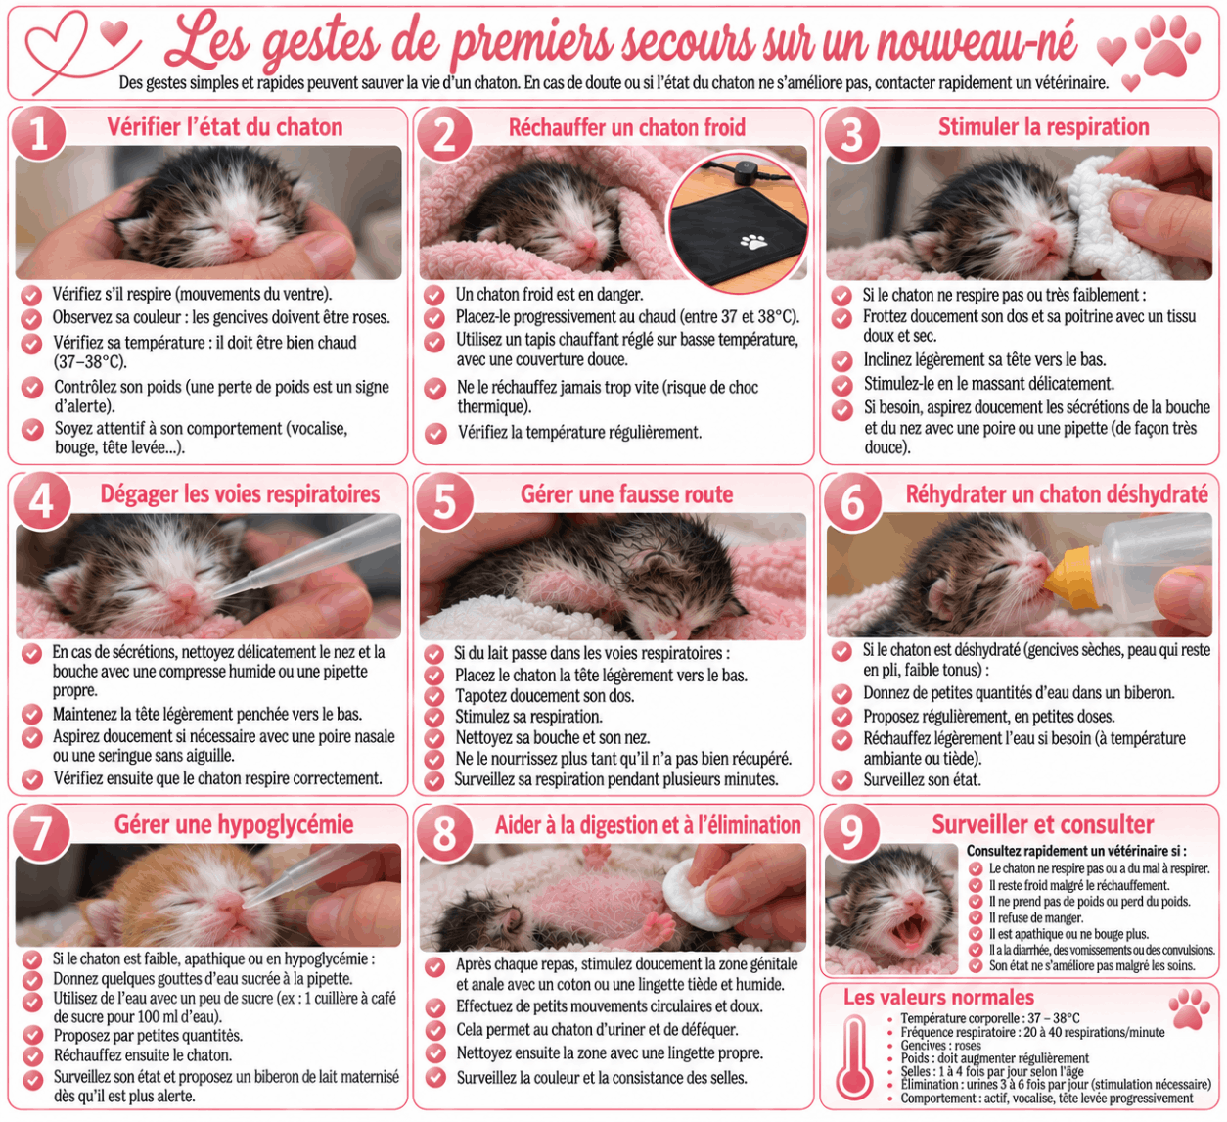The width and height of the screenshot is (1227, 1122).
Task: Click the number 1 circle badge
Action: click(39, 133)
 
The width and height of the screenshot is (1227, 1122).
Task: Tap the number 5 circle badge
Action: click(444, 502)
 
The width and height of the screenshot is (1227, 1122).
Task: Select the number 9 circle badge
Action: click(851, 832)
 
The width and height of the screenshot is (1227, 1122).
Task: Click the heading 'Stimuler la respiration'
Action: click(1043, 126)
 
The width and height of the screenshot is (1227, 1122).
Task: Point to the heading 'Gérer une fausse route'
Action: click(626, 494)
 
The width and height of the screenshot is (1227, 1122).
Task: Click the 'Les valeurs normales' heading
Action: click(938, 997)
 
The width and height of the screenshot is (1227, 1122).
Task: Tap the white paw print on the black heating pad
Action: click(753, 241)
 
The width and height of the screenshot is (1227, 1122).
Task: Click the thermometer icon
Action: click(854, 1057)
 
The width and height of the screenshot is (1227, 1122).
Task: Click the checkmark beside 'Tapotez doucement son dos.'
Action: click(434, 696)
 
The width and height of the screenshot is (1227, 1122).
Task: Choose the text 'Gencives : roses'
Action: click(940, 1046)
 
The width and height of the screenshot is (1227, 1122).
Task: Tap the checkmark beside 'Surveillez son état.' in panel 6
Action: click(841, 780)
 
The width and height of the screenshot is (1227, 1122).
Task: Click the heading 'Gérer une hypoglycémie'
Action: click(234, 824)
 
